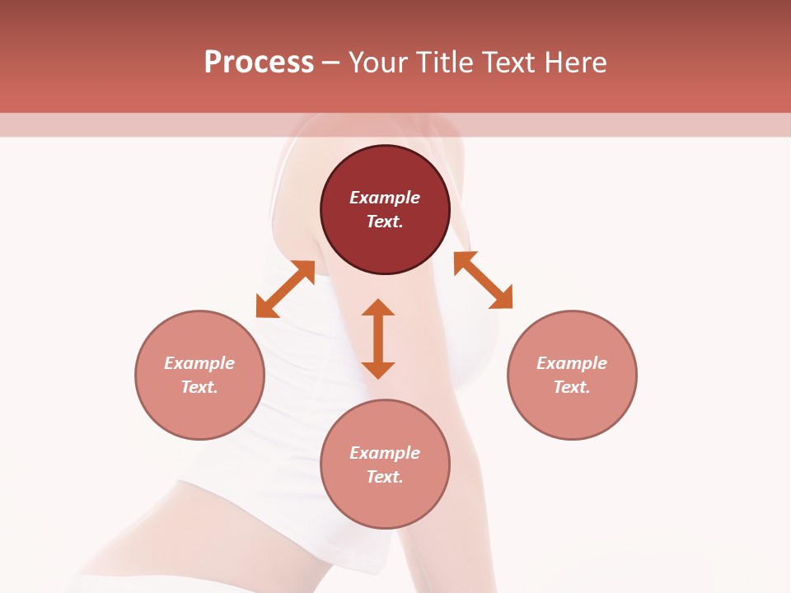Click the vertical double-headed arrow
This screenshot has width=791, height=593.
tap(378, 339)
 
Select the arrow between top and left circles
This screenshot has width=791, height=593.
tap(286, 288)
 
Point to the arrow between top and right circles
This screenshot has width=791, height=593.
tap(483, 280)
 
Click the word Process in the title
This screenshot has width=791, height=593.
tap(259, 63)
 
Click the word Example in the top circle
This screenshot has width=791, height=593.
tap(385, 198)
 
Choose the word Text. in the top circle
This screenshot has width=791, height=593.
tap(385, 222)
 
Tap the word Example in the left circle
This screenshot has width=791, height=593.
tap(199, 363)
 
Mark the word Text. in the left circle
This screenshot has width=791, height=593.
tap(199, 387)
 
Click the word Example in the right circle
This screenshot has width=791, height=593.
tap(572, 363)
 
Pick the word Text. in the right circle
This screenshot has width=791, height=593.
tap(572, 387)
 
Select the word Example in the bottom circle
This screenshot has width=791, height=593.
tap(385, 453)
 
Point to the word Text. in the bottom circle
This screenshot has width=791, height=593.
tap(385, 477)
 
